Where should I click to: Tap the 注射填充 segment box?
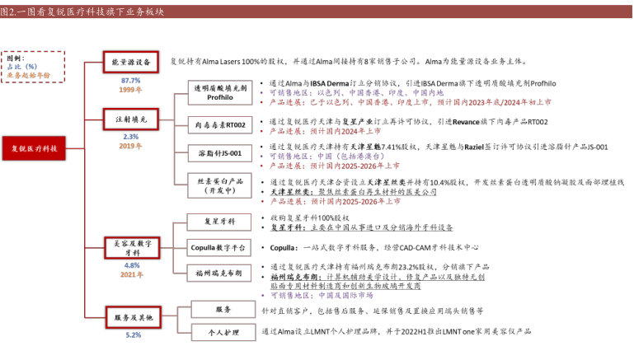pyautogui.click(x=131, y=119)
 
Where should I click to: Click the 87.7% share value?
pyautogui.click(x=131, y=80)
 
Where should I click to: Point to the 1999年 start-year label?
pyautogui.click(x=131, y=90)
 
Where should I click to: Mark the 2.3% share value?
pyautogui.click(x=131, y=136)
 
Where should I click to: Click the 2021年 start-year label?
pyautogui.click(x=131, y=274)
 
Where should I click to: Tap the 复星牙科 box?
pyautogui.click(x=218, y=221)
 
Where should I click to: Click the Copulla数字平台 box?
pyautogui.click(x=218, y=246)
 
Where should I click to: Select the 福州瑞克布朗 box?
pyautogui.click(x=218, y=273)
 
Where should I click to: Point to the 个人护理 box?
pyautogui.click(x=218, y=331)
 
